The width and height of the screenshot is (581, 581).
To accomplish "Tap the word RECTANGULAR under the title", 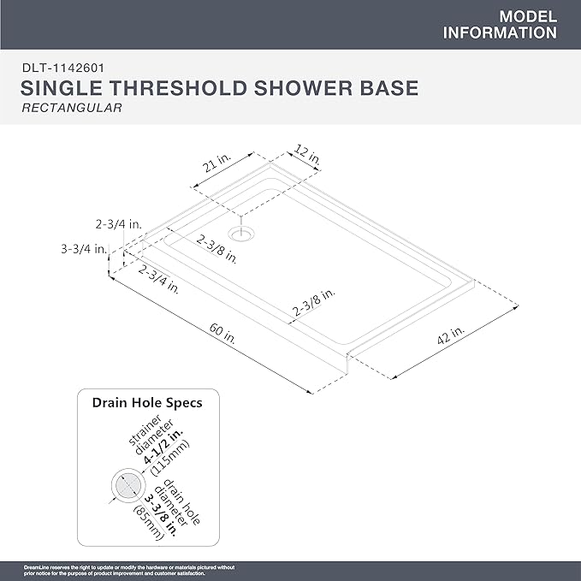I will click(x=71, y=109).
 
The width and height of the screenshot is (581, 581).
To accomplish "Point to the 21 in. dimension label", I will click(x=215, y=165).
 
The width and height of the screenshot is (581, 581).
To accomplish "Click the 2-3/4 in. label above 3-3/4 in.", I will click(x=119, y=224).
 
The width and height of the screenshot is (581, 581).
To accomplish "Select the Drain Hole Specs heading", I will click(x=147, y=401).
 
